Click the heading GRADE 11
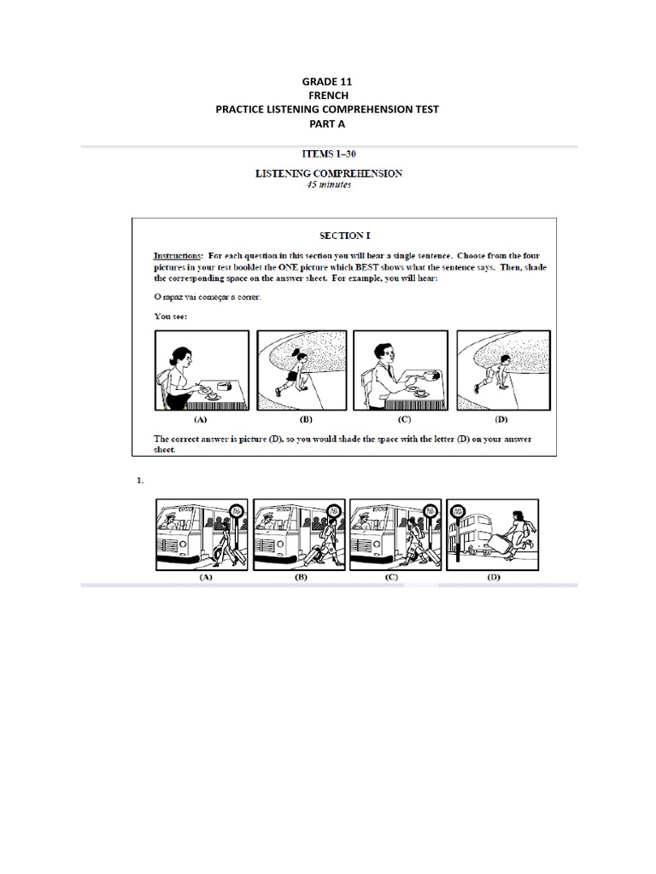tap(327, 82)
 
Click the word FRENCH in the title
tap(327, 96)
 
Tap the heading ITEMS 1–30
tap(329, 155)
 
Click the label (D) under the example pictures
tap(500, 421)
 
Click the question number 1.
tap(139, 481)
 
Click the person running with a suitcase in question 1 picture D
tap(517, 533)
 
